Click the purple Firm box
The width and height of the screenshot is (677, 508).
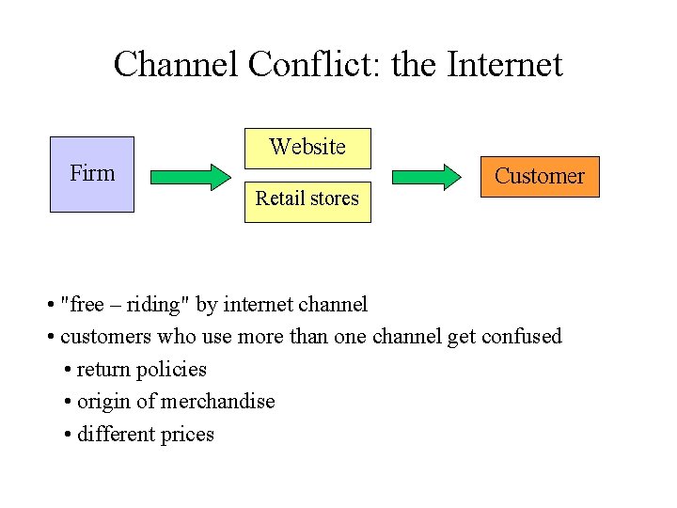click(92, 174)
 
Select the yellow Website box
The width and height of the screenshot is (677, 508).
click(307, 148)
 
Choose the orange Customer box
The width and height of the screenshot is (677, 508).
click(539, 176)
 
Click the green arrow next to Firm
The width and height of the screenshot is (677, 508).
click(190, 176)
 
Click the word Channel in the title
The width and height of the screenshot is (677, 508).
click(176, 65)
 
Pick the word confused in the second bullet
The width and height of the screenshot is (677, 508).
click(521, 336)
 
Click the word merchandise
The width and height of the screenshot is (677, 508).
click(217, 402)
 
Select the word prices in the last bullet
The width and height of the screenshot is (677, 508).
click(189, 435)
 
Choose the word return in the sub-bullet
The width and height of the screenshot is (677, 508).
click(102, 370)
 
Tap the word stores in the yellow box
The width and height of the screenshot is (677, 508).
click(335, 198)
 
